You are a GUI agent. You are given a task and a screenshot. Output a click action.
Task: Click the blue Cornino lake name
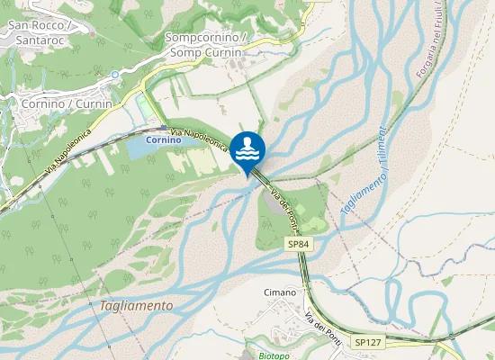pyautogui.click(x=165, y=140)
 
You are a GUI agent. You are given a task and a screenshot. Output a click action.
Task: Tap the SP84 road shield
pyautogui.click(x=299, y=244)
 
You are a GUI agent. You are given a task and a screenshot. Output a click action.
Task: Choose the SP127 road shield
pyautogui.click(x=367, y=342)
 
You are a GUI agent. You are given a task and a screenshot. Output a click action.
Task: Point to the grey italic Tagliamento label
pyautogui.click(x=136, y=305)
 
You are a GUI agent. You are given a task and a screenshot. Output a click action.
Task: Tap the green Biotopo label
pyautogui.click(x=263, y=355)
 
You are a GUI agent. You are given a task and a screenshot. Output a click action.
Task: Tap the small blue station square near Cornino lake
pyautogui.click(x=163, y=128)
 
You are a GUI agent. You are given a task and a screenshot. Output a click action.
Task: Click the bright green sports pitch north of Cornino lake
pyautogui.click(x=144, y=109)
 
